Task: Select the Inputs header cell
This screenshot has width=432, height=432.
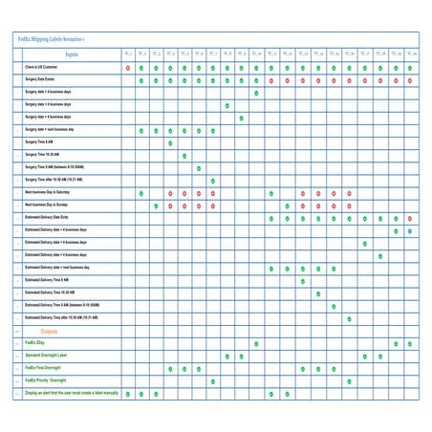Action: click(72, 54)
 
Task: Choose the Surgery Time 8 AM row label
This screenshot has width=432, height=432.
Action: click(44, 141)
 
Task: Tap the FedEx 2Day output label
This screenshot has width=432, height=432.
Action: click(37, 342)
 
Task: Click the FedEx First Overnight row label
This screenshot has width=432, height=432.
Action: click(43, 368)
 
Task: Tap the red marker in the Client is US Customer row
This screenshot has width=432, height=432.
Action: click(127, 68)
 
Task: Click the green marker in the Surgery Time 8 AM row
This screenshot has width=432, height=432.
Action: click(170, 142)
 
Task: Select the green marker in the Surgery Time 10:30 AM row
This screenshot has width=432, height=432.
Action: click(184, 155)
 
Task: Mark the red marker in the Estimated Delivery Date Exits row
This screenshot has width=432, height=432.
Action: click(271, 218)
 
